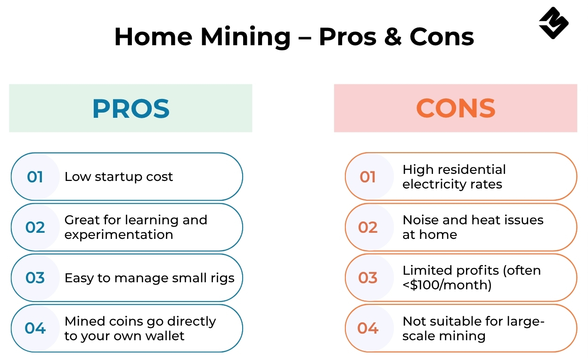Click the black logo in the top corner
click(554, 23)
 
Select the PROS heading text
click(131, 108)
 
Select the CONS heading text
click(456, 108)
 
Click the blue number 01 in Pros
click(35, 177)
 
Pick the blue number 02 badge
click(35, 227)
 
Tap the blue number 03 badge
click(35, 278)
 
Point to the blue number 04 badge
click(35, 328)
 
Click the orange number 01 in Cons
click(368, 177)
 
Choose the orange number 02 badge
click(368, 227)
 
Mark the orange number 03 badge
click(368, 278)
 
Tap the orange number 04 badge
click(368, 328)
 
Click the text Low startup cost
click(119, 177)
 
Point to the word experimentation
click(119, 235)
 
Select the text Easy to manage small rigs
click(149, 278)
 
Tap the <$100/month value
click(447, 285)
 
